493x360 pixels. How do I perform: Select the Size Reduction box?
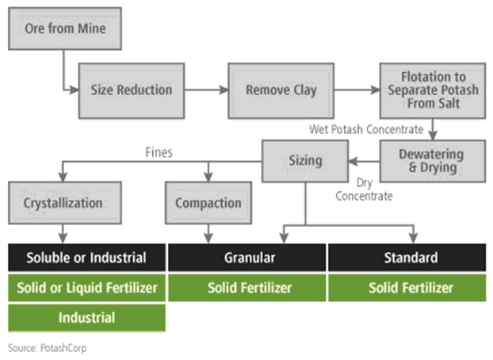[131, 89]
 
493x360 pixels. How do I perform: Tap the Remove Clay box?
[281, 89]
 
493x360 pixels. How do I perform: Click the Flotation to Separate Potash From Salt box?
[433, 90]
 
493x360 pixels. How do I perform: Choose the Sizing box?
[305, 160]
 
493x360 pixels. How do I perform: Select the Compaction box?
[208, 202]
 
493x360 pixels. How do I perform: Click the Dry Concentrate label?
[364, 190]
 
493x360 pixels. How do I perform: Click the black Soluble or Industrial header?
[86, 258]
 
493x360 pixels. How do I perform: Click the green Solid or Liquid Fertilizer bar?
[86, 288]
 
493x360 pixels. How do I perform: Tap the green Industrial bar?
[86, 317]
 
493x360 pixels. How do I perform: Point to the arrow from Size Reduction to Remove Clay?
[207, 89]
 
